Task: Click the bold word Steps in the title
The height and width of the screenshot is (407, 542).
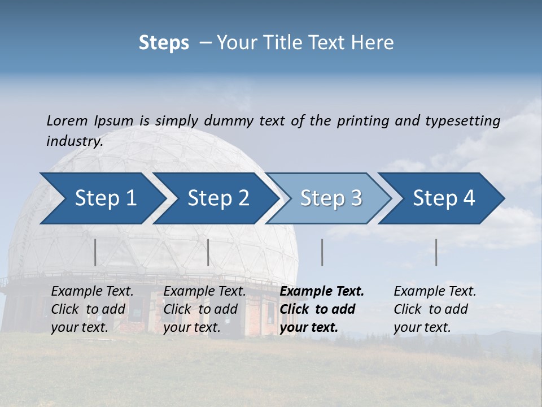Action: (x=164, y=43)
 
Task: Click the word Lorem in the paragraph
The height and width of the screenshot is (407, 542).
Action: (x=67, y=120)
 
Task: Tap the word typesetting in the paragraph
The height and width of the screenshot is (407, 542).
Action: (x=462, y=120)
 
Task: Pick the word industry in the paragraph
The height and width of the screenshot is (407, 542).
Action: (x=74, y=141)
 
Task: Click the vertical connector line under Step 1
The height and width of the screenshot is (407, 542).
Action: (x=95, y=252)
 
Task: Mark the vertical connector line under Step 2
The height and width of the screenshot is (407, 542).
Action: (x=208, y=252)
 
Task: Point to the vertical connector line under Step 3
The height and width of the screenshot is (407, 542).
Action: (x=322, y=252)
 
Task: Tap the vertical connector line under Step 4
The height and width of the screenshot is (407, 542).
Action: (x=436, y=252)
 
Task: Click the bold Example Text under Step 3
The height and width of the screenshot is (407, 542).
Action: (x=322, y=292)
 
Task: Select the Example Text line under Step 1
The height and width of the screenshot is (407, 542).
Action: (x=92, y=292)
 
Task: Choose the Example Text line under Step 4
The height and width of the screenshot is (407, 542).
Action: (x=435, y=292)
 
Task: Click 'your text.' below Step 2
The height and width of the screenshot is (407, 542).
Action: (x=191, y=327)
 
